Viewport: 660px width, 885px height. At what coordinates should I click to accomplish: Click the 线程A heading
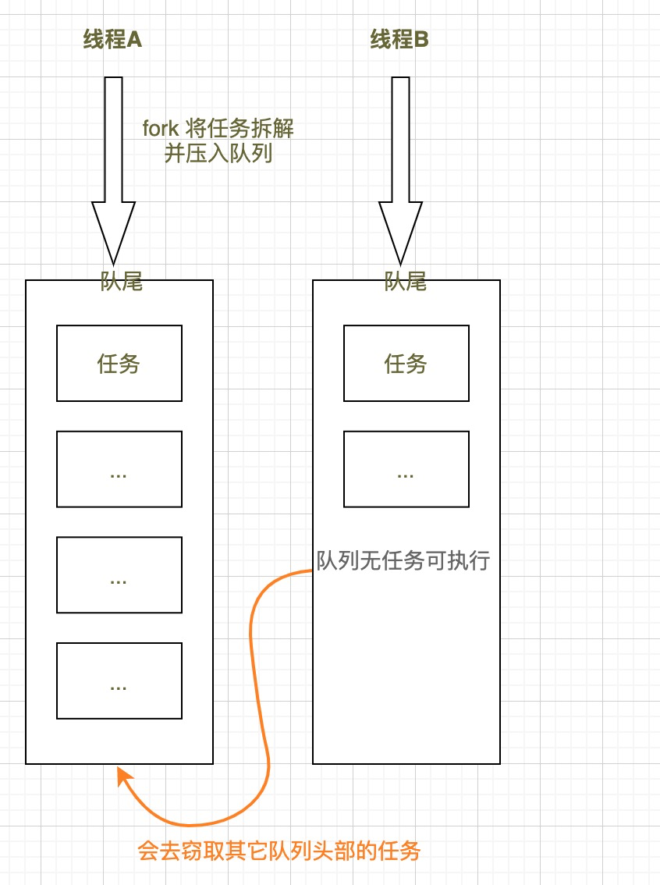click(112, 40)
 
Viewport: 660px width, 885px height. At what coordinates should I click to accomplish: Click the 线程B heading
click(399, 40)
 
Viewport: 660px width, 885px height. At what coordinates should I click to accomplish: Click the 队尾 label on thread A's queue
click(122, 281)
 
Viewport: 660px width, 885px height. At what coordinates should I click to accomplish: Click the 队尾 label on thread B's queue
click(406, 281)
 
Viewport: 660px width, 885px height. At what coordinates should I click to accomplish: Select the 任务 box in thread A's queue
click(119, 363)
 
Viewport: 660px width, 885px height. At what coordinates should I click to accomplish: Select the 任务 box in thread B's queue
click(406, 363)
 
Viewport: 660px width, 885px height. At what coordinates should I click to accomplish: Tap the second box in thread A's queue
click(119, 469)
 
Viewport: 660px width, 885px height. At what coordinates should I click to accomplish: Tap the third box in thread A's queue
click(119, 574)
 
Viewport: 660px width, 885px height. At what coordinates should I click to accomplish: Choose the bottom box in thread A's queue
click(119, 681)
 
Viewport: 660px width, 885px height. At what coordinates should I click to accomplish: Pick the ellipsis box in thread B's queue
click(406, 469)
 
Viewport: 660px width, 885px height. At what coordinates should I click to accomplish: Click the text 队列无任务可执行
click(403, 560)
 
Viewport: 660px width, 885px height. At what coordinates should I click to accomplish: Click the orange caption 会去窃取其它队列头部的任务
click(279, 850)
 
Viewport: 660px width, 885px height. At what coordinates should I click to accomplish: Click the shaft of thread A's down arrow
click(113, 140)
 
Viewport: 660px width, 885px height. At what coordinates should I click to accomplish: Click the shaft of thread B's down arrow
click(400, 140)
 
